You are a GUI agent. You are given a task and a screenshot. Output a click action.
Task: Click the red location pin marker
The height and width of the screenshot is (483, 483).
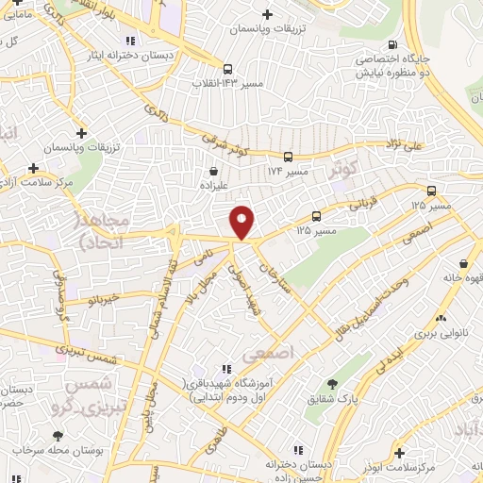coord(242,223)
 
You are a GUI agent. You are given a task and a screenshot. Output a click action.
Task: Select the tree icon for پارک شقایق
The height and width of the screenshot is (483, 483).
coord(332,383)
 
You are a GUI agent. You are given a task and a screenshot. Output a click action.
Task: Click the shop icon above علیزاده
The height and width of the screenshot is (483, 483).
coord(215,173)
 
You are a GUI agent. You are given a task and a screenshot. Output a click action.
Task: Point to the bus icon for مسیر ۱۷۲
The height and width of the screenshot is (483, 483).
coord(288,158)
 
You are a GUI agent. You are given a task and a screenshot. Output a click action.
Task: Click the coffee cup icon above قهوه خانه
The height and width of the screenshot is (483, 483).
coord(462,264)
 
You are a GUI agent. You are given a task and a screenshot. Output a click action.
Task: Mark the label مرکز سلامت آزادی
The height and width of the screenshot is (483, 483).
coord(35,181)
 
